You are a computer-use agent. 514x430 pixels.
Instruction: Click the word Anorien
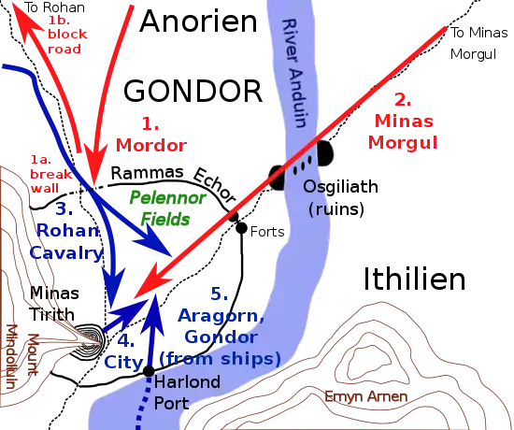pyautogui.click(x=198, y=21)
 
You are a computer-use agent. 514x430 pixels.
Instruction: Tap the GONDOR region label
pyautogui.click(x=193, y=92)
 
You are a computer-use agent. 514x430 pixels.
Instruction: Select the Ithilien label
pyautogui.click(x=415, y=279)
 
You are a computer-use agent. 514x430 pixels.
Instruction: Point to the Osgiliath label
pyautogui.click(x=340, y=186)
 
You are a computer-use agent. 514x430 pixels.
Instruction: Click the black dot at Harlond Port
pyautogui.click(x=149, y=371)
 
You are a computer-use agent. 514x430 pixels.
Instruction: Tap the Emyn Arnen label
pyautogui.click(x=365, y=396)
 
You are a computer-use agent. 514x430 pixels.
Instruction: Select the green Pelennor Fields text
pyautogui.click(x=168, y=208)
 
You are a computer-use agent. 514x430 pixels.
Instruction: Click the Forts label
pyautogui.click(x=267, y=232)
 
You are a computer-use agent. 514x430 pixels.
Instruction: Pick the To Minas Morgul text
pyautogui.click(x=478, y=43)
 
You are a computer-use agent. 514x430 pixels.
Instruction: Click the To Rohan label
pyautogui.click(x=55, y=7)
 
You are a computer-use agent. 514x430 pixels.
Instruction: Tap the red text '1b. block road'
pyautogui.click(x=67, y=35)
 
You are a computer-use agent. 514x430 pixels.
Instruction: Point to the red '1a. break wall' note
pyautogui.click(x=51, y=174)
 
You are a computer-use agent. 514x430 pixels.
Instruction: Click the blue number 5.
pyautogui.click(x=219, y=294)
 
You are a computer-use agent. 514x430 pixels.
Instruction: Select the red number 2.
pyautogui.click(x=403, y=100)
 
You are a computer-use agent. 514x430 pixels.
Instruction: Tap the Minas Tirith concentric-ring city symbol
pyautogui.click(x=89, y=341)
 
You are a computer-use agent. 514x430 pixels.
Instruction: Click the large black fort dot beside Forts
pyautogui.click(x=241, y=228)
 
